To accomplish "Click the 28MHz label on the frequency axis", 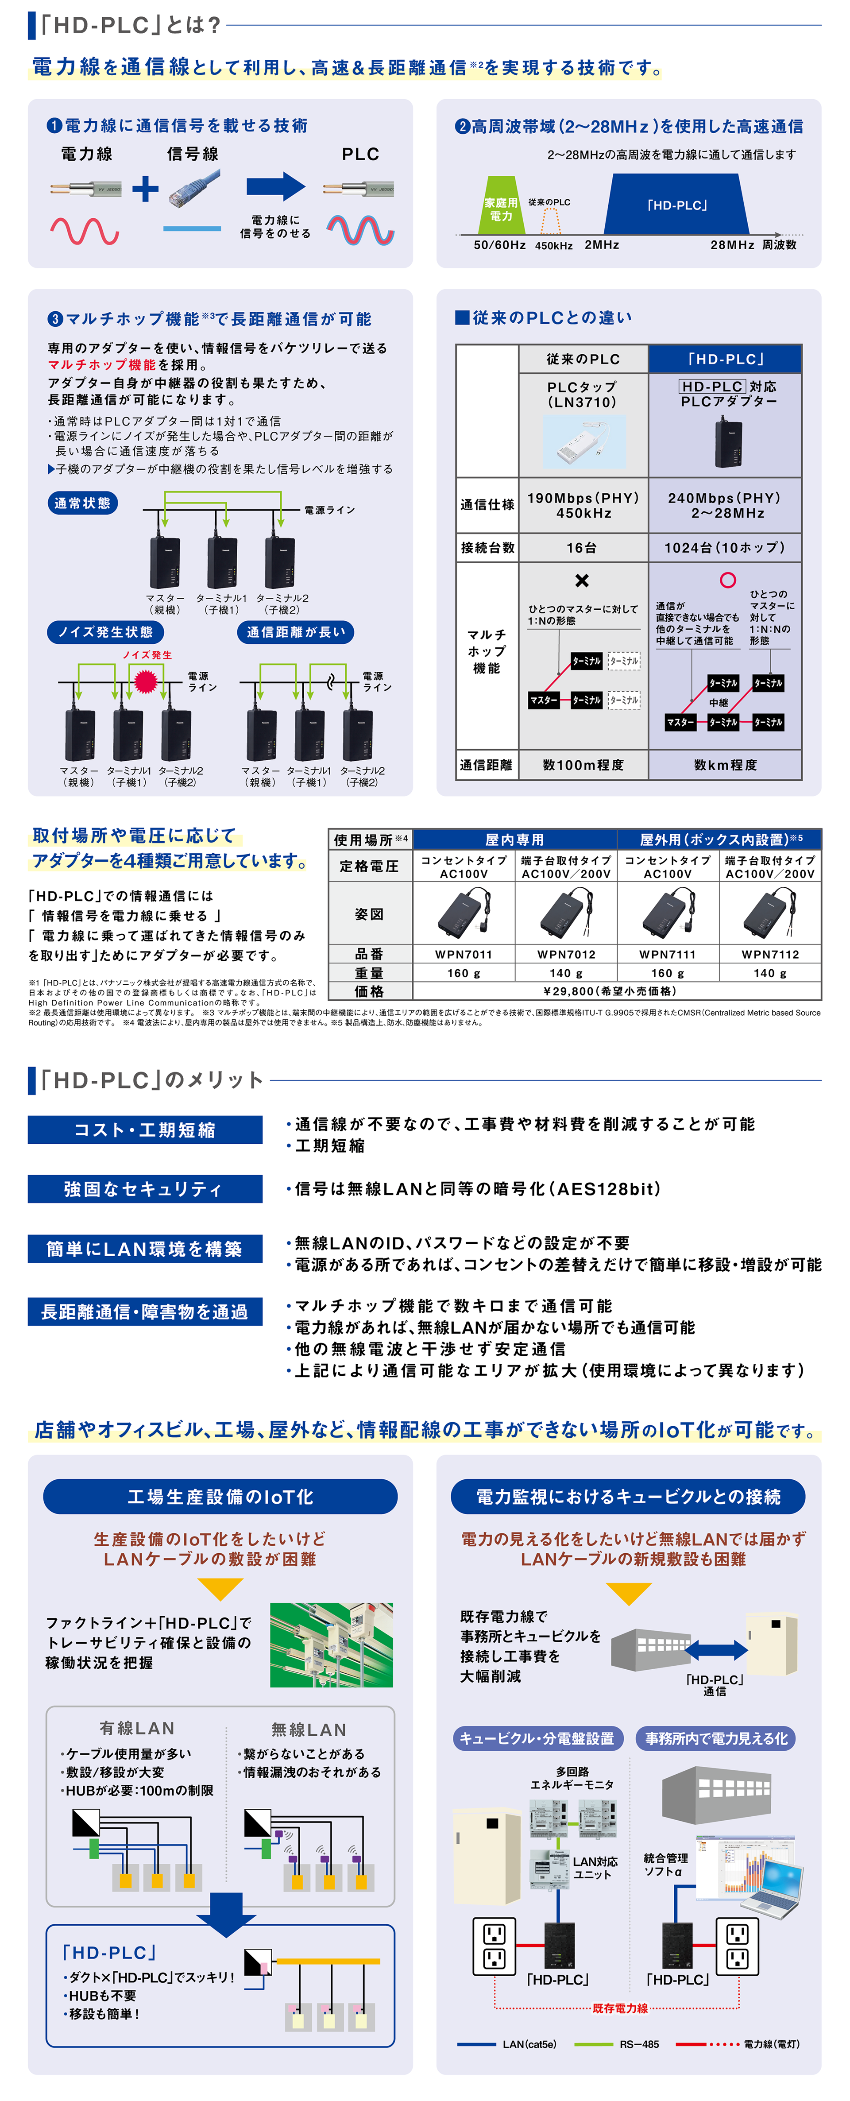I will point(732,245).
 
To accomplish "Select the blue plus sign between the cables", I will point(145,189).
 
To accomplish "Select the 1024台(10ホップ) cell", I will point(724,547).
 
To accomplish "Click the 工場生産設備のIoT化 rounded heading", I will point(220,1497).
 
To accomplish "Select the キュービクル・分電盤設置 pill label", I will point(537,1738).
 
